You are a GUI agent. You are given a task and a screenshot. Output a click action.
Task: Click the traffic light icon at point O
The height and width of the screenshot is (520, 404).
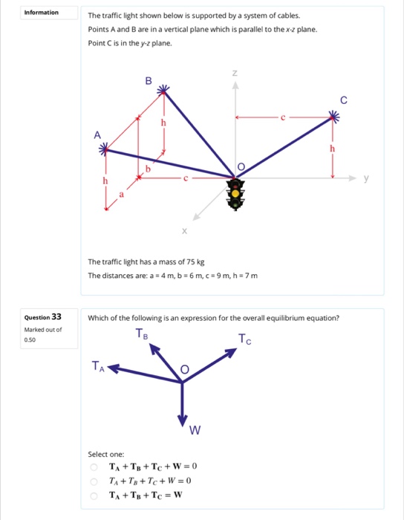(x=236, y=195)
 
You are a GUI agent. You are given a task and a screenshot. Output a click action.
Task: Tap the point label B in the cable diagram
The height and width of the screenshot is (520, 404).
(x=148, y=80)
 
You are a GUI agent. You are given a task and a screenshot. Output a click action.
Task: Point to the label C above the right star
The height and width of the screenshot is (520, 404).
(x=343, y=99)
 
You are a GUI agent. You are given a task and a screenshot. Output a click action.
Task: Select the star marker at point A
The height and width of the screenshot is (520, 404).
(x=105, y=150)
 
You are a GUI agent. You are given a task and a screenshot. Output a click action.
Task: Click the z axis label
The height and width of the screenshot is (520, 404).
(x=235, y=74)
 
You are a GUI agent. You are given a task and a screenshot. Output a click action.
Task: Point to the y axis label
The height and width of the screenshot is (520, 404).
(x=365, y=178)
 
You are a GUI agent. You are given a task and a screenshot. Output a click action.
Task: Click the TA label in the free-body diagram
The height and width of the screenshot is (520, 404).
(x=97, y=364)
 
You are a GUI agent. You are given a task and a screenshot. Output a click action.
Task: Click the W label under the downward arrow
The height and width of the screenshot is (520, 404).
(x=195, y=431)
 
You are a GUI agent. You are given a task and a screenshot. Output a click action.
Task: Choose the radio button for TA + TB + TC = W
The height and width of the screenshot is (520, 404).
(x=94, y=495)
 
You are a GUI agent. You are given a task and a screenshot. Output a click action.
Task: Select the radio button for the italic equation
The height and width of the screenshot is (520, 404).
(x=94, y=481)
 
